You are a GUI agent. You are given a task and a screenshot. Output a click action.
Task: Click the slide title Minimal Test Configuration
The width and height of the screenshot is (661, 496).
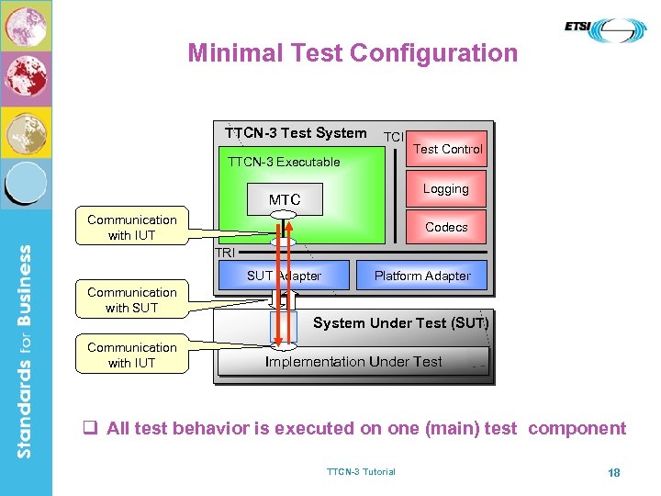tap(353, 53)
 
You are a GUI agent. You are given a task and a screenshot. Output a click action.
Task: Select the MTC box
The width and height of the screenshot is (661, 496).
tap(285, 199)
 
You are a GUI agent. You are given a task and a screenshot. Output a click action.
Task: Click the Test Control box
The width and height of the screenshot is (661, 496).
tap(446, 150)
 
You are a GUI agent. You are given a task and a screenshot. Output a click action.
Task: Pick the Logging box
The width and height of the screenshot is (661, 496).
tap(446, 189)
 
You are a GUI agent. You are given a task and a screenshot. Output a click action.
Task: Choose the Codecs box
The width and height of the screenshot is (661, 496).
tap(446, 227)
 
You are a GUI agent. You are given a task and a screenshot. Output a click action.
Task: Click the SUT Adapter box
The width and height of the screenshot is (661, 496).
tap(284, 276)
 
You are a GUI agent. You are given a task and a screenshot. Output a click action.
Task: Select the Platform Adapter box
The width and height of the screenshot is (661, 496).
tap(421, 276)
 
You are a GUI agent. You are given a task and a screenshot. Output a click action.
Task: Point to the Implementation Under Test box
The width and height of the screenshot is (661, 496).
tap(353, 362)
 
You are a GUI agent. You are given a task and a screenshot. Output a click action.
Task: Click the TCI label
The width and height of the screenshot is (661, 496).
tap(393, 136)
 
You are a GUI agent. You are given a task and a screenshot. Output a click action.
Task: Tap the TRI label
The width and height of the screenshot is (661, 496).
tap(224, 253)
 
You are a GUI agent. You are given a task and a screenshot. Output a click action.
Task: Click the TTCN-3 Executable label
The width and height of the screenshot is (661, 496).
tap(283, 162)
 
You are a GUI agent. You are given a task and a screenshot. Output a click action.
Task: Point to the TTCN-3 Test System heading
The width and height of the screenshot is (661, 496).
tap(296, 133)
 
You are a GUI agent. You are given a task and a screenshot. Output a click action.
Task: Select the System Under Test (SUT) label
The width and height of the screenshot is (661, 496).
tap(400, 323)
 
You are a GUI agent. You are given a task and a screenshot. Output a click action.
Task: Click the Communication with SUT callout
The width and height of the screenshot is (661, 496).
tap(132, 300)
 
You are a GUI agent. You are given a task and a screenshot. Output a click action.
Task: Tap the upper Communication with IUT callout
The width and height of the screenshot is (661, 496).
tap(132, 228)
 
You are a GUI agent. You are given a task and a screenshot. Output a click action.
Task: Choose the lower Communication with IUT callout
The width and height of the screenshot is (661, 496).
tap(132, 355)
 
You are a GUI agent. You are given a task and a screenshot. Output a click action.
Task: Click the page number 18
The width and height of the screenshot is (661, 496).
tap(613, 472)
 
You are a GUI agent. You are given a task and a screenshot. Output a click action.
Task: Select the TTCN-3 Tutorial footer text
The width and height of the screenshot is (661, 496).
tap(361, 472)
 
